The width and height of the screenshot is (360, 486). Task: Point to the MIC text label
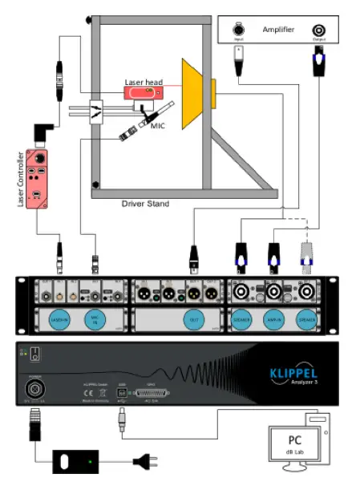(157, 125)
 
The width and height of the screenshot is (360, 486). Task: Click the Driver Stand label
(145, 205)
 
